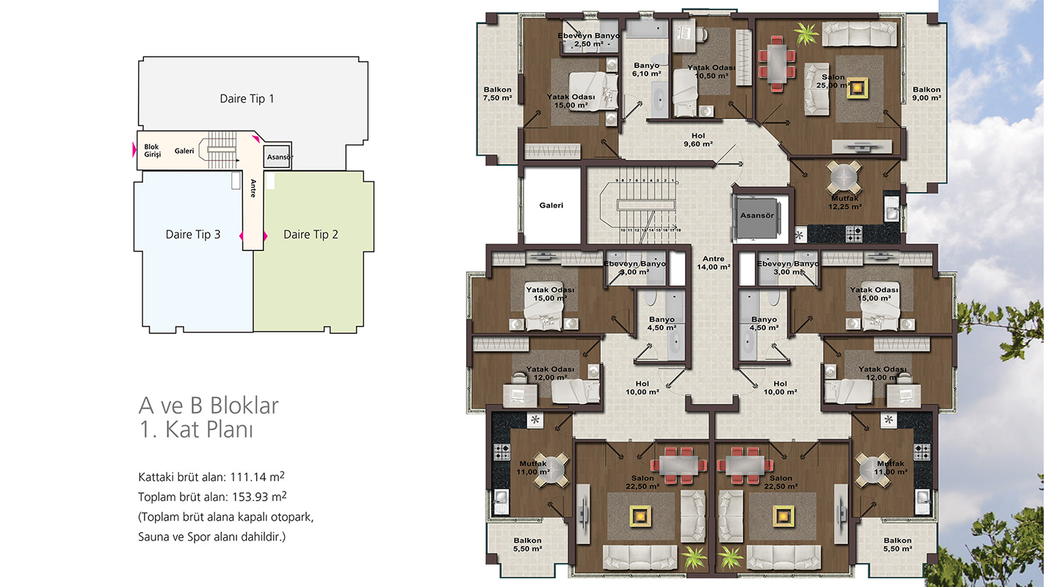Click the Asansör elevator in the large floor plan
click(x=757, y=217)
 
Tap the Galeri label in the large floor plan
click(x=551, y=205)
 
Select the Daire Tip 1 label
click(x=247, y=99)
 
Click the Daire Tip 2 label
click(x=311, y=234)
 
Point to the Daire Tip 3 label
click(x=193, y=234)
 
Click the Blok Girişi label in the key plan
click(x=152, y=150)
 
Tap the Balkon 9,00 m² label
click(x=927, y=94)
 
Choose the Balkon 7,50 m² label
click(x=497, y=94)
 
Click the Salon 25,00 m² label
click(x=833, y=81)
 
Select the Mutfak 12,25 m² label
click(x=845, y=203)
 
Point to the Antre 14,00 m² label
click(x=714, y=263)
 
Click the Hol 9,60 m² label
click(x=698, y=139)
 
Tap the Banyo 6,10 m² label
click(x=646, y=70)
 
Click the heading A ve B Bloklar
click(x=209, y=405)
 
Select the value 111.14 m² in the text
click(x=257, y=476)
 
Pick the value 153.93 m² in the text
click(x=259, y=496)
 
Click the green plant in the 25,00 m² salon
click(x=806, y=33)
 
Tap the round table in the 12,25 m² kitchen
click(x=844, y=177)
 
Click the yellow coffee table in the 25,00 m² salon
click(x=857, y=87)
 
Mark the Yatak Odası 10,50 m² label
click(x=711, y=72)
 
